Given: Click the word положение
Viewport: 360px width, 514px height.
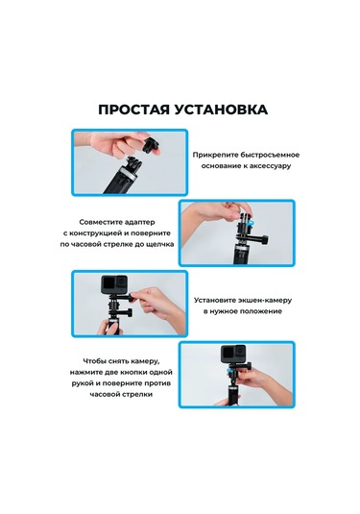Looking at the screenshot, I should pos(260,312).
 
